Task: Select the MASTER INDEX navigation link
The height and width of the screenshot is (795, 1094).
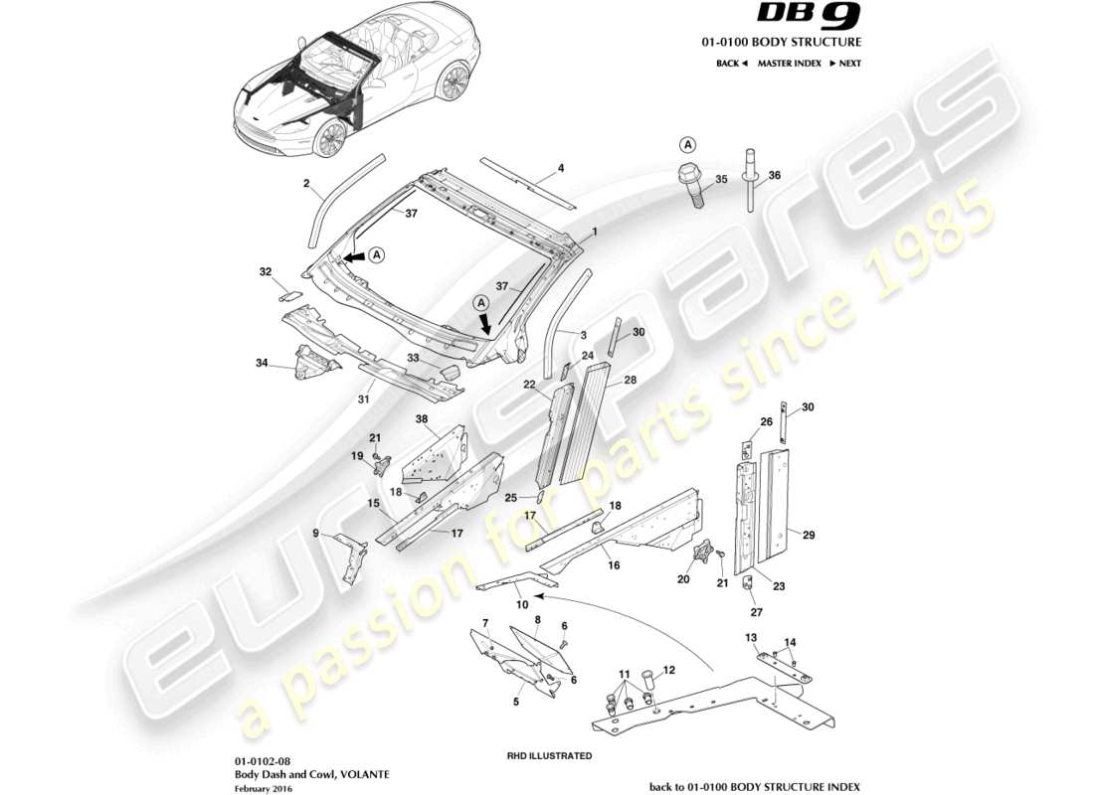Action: pyautogui.click(x=789, y=63)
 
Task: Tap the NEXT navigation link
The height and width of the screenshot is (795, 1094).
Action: pyautogui.click(x=844, y=63)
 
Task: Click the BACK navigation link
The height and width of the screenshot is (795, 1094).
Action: pyautogui.click(x=731, y=63)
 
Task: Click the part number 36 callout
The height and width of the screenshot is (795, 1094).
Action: pyautogui.click(x=775, y=175)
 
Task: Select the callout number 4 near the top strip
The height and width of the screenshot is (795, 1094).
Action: pyautogui.click(x=561, y=168)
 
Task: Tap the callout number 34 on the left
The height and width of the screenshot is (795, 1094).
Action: pyautogui.click(x=262, y=363)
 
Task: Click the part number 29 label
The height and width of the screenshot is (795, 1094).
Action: pyautogui.click(x=809, y=536)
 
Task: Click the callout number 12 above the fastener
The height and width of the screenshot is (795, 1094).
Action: pyautogui.click(x=668, y=670)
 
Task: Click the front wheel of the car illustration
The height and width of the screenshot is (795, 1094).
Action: pyautogui.click(x=329, y=138)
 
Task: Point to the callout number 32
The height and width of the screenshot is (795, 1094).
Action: pyautogui.click(x=265, y=271)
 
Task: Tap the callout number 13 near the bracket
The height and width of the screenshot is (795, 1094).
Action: pyautogui.click(x=752, y=637)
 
